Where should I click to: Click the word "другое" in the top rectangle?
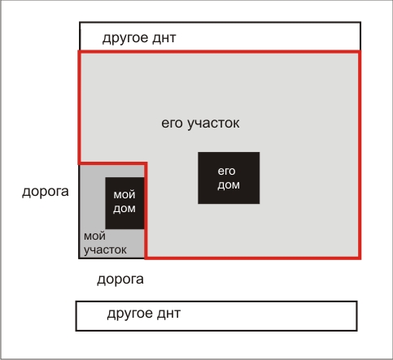click(x=125, y=38)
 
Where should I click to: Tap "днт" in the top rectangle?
click(x=164, y=38)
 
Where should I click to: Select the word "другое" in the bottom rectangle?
click(x=129, y=314)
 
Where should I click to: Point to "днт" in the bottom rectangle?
click(x=168, y=314)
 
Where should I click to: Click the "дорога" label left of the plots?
click(x=46, y=192)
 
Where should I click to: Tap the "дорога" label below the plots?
click(x=120, y=280)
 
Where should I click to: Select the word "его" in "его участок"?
click(x=172, y=124)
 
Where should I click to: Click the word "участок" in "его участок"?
click(x=213, y=124)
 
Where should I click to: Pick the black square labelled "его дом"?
click(x=229, y=178)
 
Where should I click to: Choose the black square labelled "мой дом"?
click(x=124, y=203)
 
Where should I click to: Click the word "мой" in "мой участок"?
click(x=94, y=236)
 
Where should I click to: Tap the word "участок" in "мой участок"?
click(x=105, y=250)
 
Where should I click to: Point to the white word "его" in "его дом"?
click(x=226, y=171)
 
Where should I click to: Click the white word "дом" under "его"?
click(x=229, y=185)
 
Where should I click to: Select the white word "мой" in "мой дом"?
click(x=124, y=195)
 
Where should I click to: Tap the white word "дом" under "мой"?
click(x=124, y=209)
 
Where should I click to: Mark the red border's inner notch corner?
click(x=146, y=163)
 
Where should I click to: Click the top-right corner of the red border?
click(x=360, y=52)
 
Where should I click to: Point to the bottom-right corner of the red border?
click(x=360, y=258)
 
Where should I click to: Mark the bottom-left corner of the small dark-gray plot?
click(x=79, y=258)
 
